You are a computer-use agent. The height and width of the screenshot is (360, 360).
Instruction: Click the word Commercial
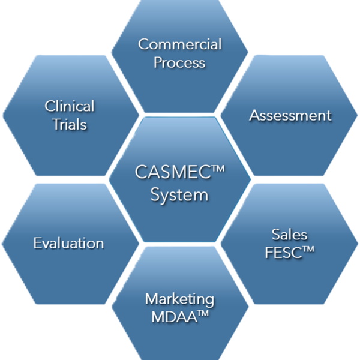180,44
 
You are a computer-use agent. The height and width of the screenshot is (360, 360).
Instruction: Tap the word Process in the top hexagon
180,62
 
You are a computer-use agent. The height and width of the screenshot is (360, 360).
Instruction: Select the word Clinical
70,106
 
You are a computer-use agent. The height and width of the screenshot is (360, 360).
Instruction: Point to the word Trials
70,125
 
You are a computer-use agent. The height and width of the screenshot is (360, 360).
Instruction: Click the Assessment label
290,115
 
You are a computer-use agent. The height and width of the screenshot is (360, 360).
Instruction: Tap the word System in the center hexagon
180,195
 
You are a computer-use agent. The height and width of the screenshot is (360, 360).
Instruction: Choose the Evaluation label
68,243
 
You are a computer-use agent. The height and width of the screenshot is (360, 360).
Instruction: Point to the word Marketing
180,298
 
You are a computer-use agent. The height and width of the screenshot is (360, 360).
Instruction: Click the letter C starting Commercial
143,44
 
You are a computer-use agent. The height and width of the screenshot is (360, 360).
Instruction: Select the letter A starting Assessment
254,115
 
